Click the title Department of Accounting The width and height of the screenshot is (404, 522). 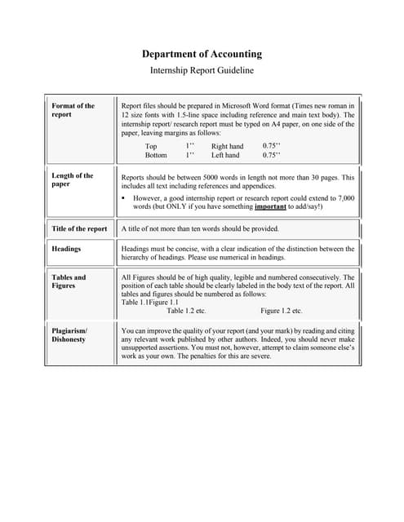pyautogui.click(x=202, y=54)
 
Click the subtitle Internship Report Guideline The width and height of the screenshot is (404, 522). pyautogui.click(x=202, y=70)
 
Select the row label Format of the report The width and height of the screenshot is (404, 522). pyautogui.click(x=73, y=110)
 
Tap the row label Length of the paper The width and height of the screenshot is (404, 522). pyautogui.click(x=72, y=179)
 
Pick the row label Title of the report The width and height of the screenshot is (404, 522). pyautogui.click(x=79, y=229)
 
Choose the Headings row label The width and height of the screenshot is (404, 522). pyautogui.click(x=66, y=249)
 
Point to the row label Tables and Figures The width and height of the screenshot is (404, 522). pyautogui.click(x=69, y=281)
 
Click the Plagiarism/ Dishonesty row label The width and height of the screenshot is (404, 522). pyautogui.click(x=69, y=334)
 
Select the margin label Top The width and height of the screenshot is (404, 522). pyautogui.click(x=151, y=147)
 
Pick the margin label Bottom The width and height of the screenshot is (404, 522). pyautogui.click(x=156, y=155)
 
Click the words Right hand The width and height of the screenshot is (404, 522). pyautogui.click(x=227, y=147)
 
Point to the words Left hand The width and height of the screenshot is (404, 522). pyautogui.click(x=225, y=155)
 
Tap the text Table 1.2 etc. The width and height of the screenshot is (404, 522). pyautogui.click(x=186, y=311)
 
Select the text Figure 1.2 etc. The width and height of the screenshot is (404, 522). pyautogui.click(x=281, y=311)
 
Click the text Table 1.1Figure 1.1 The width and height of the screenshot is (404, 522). pyautogui.click(x=149, y=303)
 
